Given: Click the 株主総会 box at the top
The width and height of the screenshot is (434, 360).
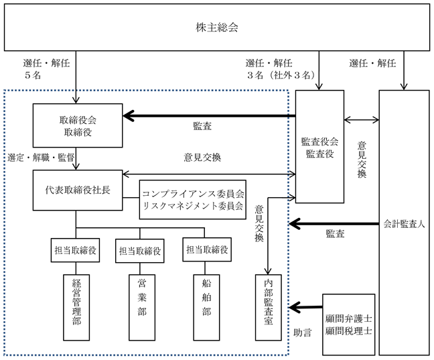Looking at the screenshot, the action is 217,27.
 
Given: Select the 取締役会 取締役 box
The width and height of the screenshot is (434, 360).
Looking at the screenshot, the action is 78,125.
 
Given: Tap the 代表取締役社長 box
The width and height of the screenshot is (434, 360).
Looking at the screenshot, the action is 78,190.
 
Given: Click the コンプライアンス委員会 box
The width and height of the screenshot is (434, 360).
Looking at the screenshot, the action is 193,200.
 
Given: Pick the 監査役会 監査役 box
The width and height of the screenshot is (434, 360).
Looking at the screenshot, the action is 319,147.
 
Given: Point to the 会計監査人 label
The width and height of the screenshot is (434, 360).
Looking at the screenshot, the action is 404,224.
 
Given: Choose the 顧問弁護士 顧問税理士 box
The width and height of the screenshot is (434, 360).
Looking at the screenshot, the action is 348,324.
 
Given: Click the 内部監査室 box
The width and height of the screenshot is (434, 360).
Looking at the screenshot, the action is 268,307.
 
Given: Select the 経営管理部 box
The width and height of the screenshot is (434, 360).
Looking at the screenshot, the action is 76,307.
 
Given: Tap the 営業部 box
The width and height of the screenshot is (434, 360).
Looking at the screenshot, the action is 142,307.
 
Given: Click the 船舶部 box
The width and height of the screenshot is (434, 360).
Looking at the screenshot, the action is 206,307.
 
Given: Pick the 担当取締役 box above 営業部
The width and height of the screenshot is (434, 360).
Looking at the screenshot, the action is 140,251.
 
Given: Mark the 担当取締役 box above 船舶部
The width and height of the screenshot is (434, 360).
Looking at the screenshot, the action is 207,249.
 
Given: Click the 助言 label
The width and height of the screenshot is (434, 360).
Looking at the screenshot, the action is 302,333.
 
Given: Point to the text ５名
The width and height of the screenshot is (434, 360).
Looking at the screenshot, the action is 33,75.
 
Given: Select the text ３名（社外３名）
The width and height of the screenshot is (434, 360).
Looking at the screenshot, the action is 281,75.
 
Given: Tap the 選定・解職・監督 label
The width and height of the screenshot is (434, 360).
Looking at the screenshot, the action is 41,158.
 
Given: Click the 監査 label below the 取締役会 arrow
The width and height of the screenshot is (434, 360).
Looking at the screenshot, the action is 202,126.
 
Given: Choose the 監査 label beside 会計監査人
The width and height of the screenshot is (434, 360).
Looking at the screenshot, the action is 335,233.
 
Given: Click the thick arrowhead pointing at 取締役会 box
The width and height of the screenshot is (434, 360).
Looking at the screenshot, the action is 129,116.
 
